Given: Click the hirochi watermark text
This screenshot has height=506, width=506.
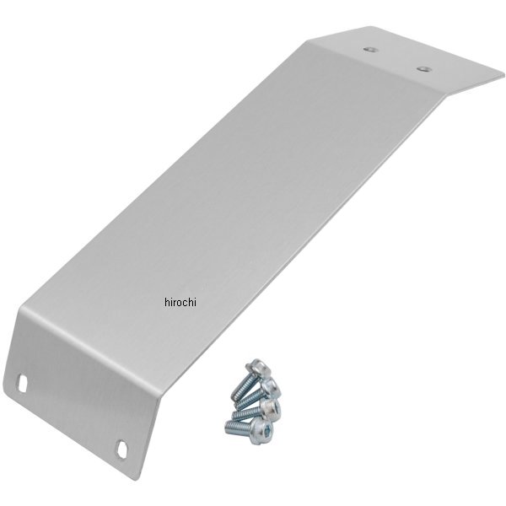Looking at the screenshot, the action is click(180, 302).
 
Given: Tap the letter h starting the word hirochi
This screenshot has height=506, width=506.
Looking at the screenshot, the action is click(167, 302).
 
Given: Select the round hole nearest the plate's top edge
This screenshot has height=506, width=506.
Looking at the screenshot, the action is click(370, 50).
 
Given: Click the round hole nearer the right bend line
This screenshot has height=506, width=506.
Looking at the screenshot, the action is click(423, 69).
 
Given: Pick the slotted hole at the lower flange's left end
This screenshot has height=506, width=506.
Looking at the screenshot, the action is click(22, 383).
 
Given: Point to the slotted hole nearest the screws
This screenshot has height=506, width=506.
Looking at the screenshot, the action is click(122, 449).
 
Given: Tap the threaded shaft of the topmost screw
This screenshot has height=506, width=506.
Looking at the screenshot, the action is click(242, 388).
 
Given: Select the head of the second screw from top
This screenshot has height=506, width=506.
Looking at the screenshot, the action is click(271, 387).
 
